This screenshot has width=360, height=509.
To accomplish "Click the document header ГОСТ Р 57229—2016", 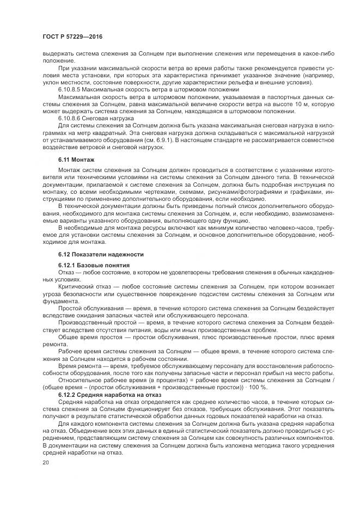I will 72,36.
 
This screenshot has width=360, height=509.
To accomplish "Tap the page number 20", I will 45,462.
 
